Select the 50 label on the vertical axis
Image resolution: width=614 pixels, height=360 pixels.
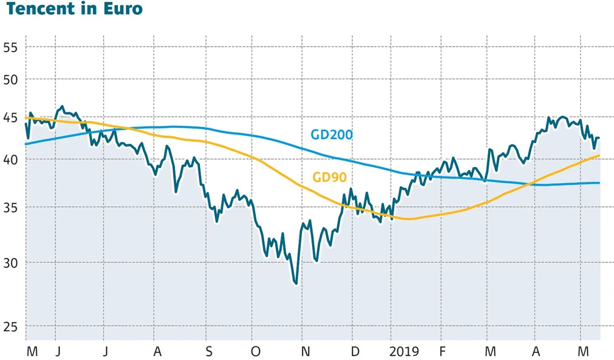(x=11, y=79)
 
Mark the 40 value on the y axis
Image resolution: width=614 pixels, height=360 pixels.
(x=11, y=160)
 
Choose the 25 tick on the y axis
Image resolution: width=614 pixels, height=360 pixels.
(x=11, y=327)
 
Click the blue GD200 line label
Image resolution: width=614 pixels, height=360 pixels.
(x=332, y=135)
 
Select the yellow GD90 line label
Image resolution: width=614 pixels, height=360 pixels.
(x=330, y=178)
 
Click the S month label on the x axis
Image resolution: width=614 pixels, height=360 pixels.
(x=209, y=351)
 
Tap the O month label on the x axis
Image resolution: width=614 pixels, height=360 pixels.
(x=256, y=351)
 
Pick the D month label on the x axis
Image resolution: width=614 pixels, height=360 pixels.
(x=355, y=351)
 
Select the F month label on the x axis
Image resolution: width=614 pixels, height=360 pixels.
(x=441, y=351)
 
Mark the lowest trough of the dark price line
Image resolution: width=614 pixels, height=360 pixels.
(x=296, y=283)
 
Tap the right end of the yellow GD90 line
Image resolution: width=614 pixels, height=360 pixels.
(x=599, y=156)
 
